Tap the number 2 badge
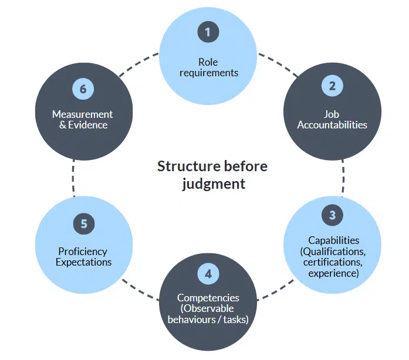tap(332, 86)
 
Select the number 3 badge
tap(332, 215)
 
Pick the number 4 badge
tap(208, 273)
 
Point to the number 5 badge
tap(83, 223)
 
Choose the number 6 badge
tap(83, 89)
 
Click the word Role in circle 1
tap(208, 62)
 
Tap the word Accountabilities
tap(332, 125)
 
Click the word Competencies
tap(208, 298)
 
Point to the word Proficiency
tap(83, 252)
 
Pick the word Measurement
tap(82, 114)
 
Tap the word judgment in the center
tap(212, 184)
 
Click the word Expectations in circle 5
tap(83, 262)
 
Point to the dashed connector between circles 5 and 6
tap(74, 178)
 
